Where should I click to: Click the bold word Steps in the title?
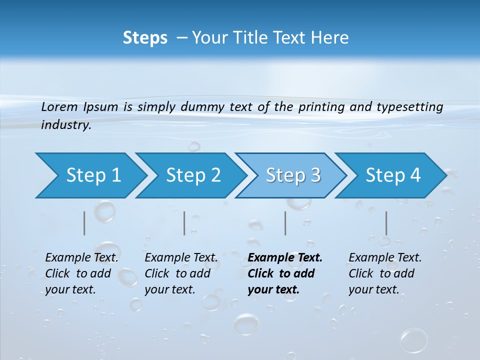pos(145,37)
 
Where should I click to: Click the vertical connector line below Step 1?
pos(84,223)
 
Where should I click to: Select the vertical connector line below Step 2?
pos(184,223)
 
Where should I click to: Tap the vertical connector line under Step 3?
pos(285,223)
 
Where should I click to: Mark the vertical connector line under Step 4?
pos(386,223)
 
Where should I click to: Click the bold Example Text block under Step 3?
pos(285,273)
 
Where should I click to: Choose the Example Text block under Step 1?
pos(81,273)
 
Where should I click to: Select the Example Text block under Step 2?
pos(181,273)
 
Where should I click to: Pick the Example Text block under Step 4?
pos(385,273)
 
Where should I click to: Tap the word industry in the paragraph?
pos(66,125)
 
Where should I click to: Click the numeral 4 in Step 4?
pos(415,175)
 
